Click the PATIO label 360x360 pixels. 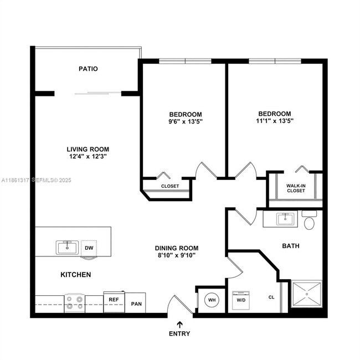(x=88, y=69)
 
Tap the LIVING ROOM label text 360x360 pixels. (x=88, y=149)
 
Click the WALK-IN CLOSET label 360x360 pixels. (x=296, y=188)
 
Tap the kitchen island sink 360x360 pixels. (x=67, y=247)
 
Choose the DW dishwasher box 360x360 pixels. (x=89, y=248)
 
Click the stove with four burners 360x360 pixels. (x=74, y=302)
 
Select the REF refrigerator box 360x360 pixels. (x=114, y=300)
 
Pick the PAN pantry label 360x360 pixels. (x=135, y=304)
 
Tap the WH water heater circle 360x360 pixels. (x=212, y=300)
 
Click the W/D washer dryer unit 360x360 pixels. (x=241, y=300)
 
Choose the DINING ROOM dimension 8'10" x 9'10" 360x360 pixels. (x=176, y=255)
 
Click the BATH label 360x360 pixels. (x=291, y=245)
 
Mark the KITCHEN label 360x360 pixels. (x=75, y=275)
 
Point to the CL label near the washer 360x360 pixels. (x=271, y=297)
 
